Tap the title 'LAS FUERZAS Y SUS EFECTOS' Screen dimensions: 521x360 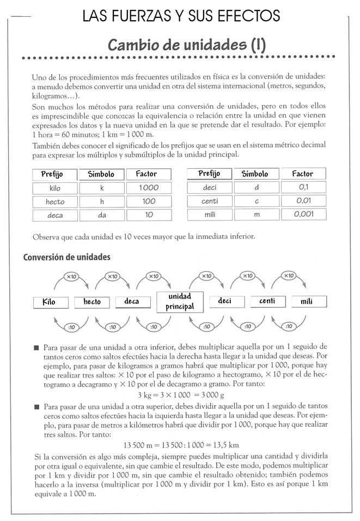(181, 16)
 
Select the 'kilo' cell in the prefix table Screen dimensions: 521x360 (54, 188)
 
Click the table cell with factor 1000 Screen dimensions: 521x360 (148, 188)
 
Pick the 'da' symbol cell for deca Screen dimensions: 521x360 (101, 215)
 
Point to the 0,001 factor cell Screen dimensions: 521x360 (303, 214)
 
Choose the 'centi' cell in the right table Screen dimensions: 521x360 (210, 201)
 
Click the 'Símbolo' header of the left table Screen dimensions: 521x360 (101, 174)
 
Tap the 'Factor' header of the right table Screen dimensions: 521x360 (303, 174)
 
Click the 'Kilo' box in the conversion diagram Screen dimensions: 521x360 (52, 302)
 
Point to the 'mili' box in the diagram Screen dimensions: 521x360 (308, 302)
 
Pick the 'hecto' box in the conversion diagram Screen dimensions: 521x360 (92, 302)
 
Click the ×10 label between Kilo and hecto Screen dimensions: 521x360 (71, 277)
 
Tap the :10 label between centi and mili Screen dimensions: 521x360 (288, 326)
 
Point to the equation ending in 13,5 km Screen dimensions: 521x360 (181, 445)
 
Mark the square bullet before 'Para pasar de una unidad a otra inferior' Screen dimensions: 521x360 (36, 347)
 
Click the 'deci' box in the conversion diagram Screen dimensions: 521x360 (224, 301)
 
